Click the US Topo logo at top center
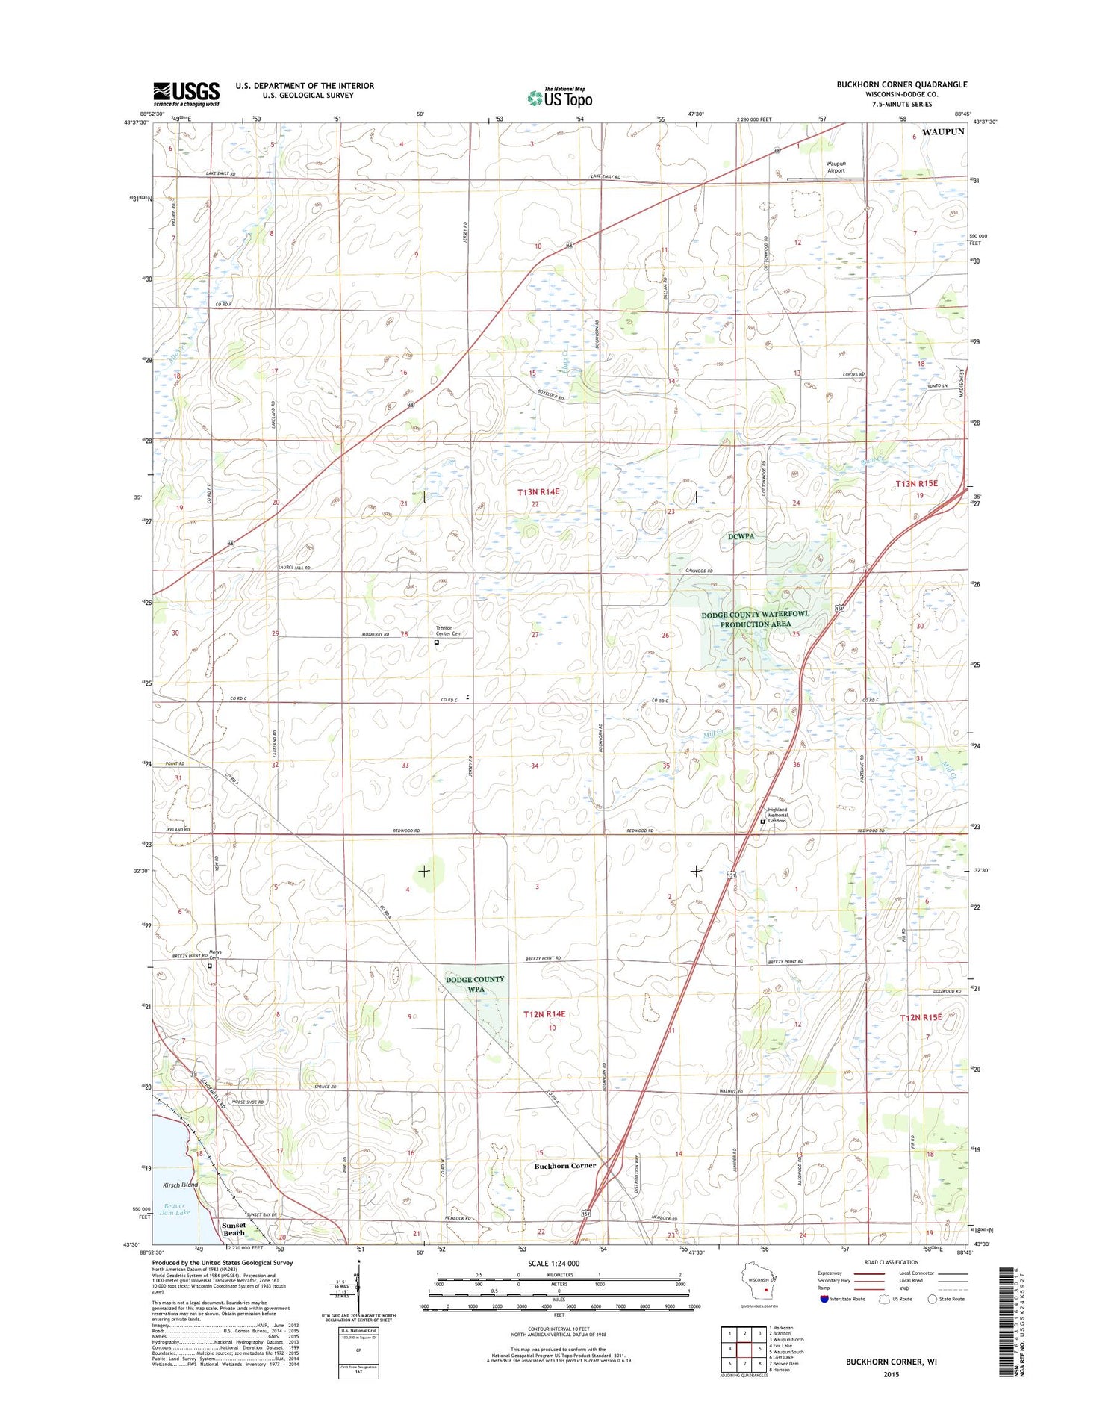pos(560,97)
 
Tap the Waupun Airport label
pos(836,167)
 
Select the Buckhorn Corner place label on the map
pos(564,1165)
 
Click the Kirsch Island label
pos(181,1185)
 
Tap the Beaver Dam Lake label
pos(174,1209)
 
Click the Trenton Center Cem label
pos(449,630)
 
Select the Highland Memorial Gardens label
pos(777,815)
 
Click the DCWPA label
pos(743,536)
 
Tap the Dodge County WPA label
pos(475,984)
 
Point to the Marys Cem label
pos(215,954)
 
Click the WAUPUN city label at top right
pos(942,131)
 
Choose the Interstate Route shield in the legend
pos(824,1299)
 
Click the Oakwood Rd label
pos(700,571)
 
